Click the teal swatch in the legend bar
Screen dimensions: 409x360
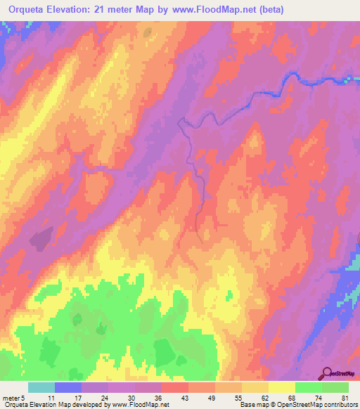click(41, 387)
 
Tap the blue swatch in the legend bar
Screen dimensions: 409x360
click(68, 387)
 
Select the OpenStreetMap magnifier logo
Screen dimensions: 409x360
click(328, 372)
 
